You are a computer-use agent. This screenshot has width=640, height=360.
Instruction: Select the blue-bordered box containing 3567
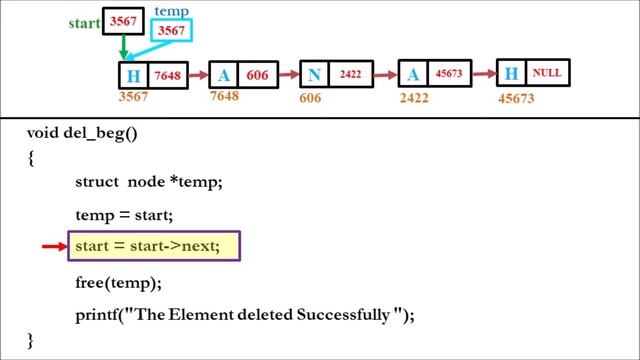171,31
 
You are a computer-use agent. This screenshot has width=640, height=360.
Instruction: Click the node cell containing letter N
316,75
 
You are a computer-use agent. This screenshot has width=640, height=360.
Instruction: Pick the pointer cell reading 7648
168,76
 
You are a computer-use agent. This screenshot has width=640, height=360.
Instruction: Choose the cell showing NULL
546,73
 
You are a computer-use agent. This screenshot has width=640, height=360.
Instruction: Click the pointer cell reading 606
258,76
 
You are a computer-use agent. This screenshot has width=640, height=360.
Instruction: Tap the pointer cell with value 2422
350,75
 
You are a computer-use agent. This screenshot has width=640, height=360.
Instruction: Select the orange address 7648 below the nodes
224,97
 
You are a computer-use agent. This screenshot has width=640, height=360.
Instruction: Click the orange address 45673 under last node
516,98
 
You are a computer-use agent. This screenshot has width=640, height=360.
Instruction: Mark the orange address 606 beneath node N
311,98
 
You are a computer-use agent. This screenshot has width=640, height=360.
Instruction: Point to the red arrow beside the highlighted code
53,246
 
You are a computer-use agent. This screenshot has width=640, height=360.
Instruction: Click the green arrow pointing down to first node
122,46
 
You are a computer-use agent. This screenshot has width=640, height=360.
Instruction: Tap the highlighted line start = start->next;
154,246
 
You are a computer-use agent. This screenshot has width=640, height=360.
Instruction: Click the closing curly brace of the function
31,341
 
